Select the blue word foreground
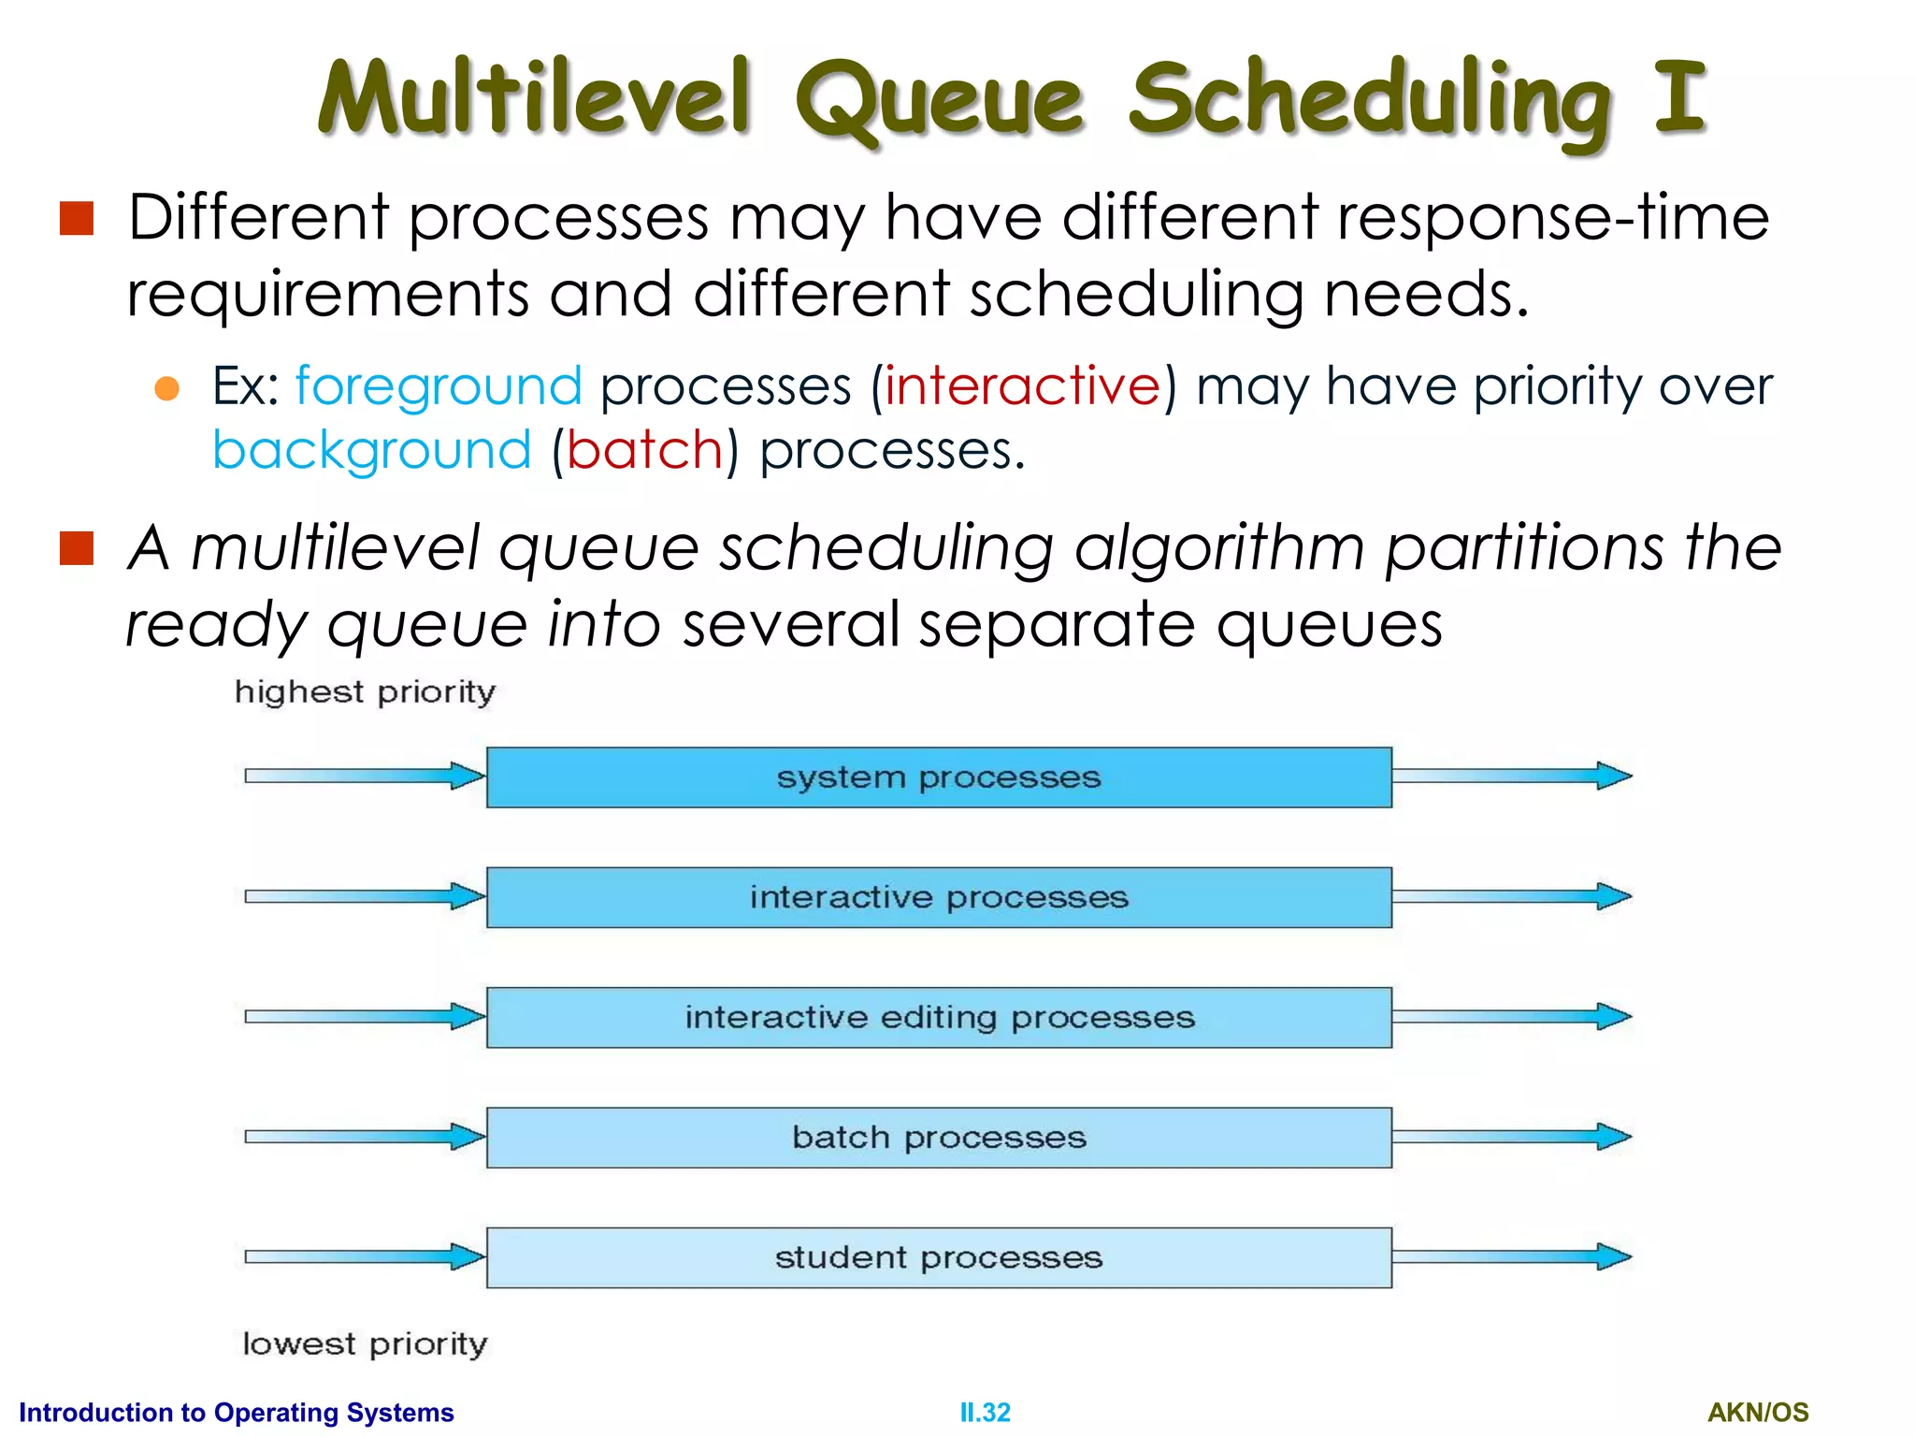439,386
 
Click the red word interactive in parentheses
1023,386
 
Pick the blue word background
371,451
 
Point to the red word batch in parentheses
644,451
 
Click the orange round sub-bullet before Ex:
166,388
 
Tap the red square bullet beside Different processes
77,218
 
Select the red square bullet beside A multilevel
77,549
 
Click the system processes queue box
939,777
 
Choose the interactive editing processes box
939,1017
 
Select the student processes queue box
939,1257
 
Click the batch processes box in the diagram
939,1138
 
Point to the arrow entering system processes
365,776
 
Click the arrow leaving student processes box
1511,1256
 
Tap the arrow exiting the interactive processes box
1511,896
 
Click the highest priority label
365,692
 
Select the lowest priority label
365,1344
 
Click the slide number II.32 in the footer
985,1412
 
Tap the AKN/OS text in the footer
1757,1412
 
